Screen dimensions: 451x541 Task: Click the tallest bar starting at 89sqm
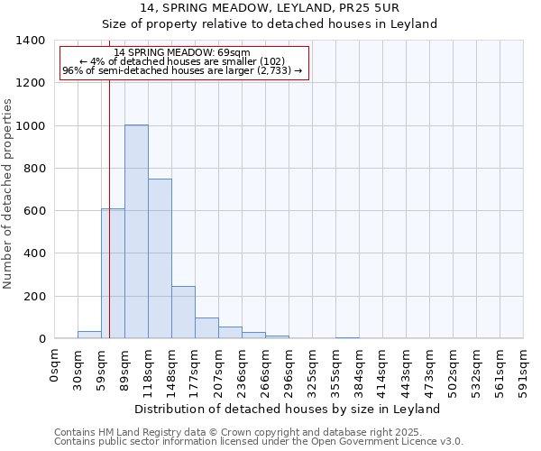tap(136, 232)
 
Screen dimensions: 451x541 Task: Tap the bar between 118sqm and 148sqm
tap(160, 259)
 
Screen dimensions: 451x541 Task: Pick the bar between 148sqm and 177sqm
tap(183, 312)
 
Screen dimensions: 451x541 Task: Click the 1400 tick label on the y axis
tap(31, 41)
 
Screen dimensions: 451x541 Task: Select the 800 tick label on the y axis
tap(34, 169)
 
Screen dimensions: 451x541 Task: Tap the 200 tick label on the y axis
tap(34, 297)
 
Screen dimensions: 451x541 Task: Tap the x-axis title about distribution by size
tap(288, 409)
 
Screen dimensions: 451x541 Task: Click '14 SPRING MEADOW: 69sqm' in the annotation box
tap(182, 53)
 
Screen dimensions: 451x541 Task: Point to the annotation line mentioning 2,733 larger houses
tap(184, 72)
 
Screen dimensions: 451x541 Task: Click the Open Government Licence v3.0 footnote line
tap(259, 442)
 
